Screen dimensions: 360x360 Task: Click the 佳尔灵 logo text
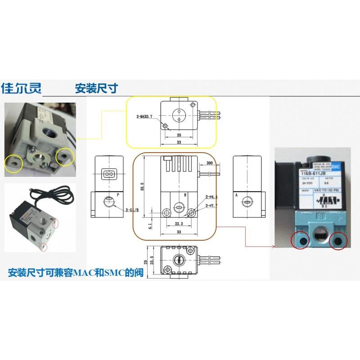point(21,88)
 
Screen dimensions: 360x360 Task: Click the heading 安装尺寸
point(96,88)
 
